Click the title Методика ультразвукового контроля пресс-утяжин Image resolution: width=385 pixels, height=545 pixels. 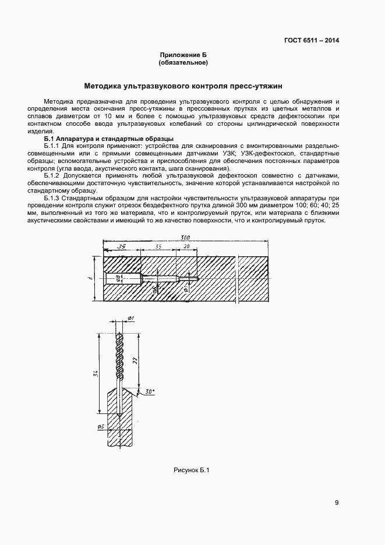pyautogui.click(x=183, y=86)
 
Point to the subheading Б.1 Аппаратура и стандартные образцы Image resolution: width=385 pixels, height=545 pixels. pyautogui.click(x=108, y=139)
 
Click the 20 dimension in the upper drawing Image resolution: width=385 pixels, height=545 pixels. pyautogui.click(x=186, y=246)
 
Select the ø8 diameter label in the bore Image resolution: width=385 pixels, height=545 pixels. pyautogui.click(x=119, y=278)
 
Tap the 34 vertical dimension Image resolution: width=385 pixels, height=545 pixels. pyautogui.click(x=95, y=373)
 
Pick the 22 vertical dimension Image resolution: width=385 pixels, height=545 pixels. pyautogui.click(x=135, y=360)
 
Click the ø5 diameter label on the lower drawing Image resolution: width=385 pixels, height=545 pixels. pyautogui.click(x=101, y=427)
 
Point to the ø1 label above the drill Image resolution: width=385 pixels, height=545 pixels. pyautogui.click(x=130, y=317)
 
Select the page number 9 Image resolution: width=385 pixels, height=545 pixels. pyautogui.click(x=337, y=503)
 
